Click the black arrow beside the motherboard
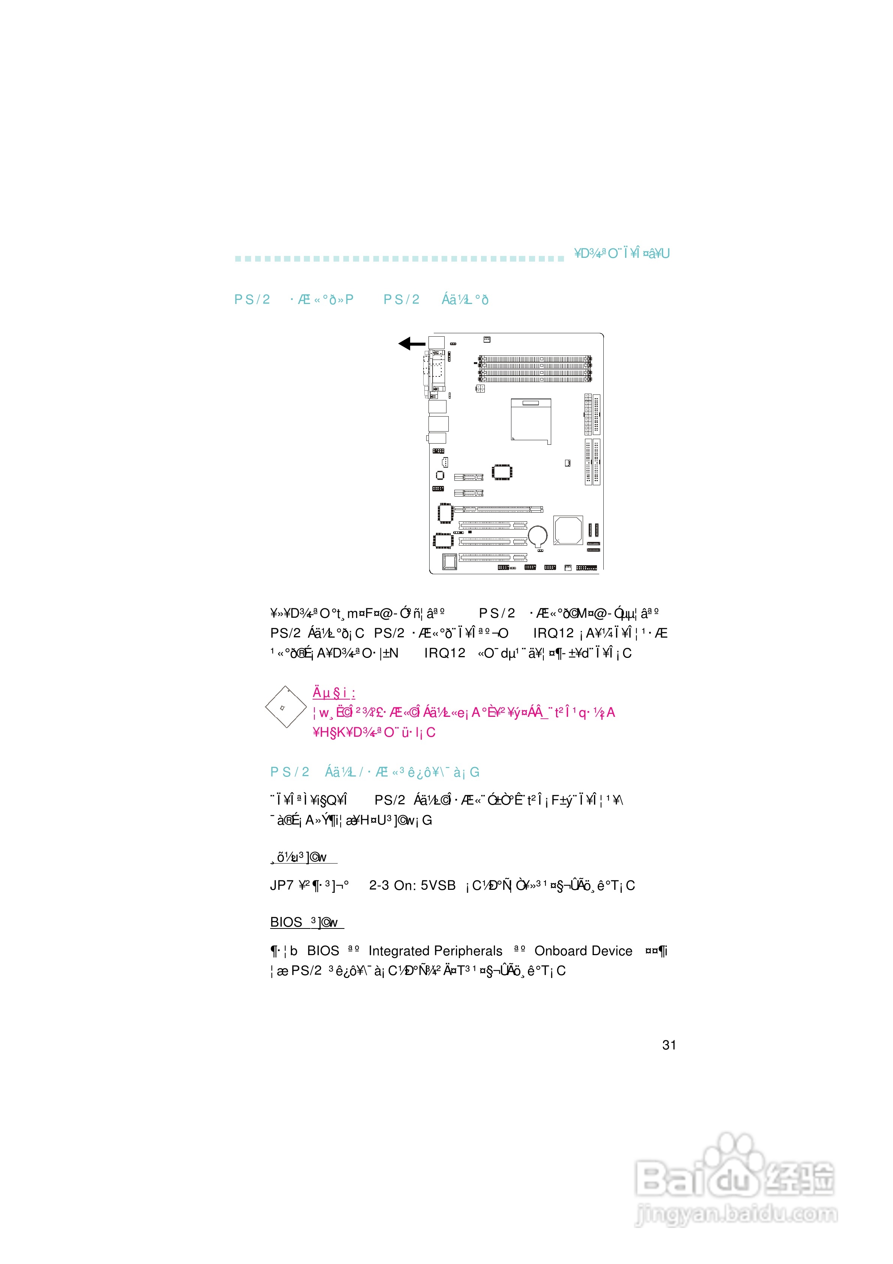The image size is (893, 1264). [x=411, y=343]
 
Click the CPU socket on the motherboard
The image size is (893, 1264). [x=530, y=421]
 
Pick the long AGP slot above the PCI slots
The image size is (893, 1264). [x=498, y=509]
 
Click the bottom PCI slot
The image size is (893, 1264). [x=493, y=558]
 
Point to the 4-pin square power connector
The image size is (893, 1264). [x=480, y=389]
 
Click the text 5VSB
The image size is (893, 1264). [x=438, y=885]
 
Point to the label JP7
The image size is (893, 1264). [x=281, y=885]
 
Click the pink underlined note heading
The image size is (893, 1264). [x=334, y=692]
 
